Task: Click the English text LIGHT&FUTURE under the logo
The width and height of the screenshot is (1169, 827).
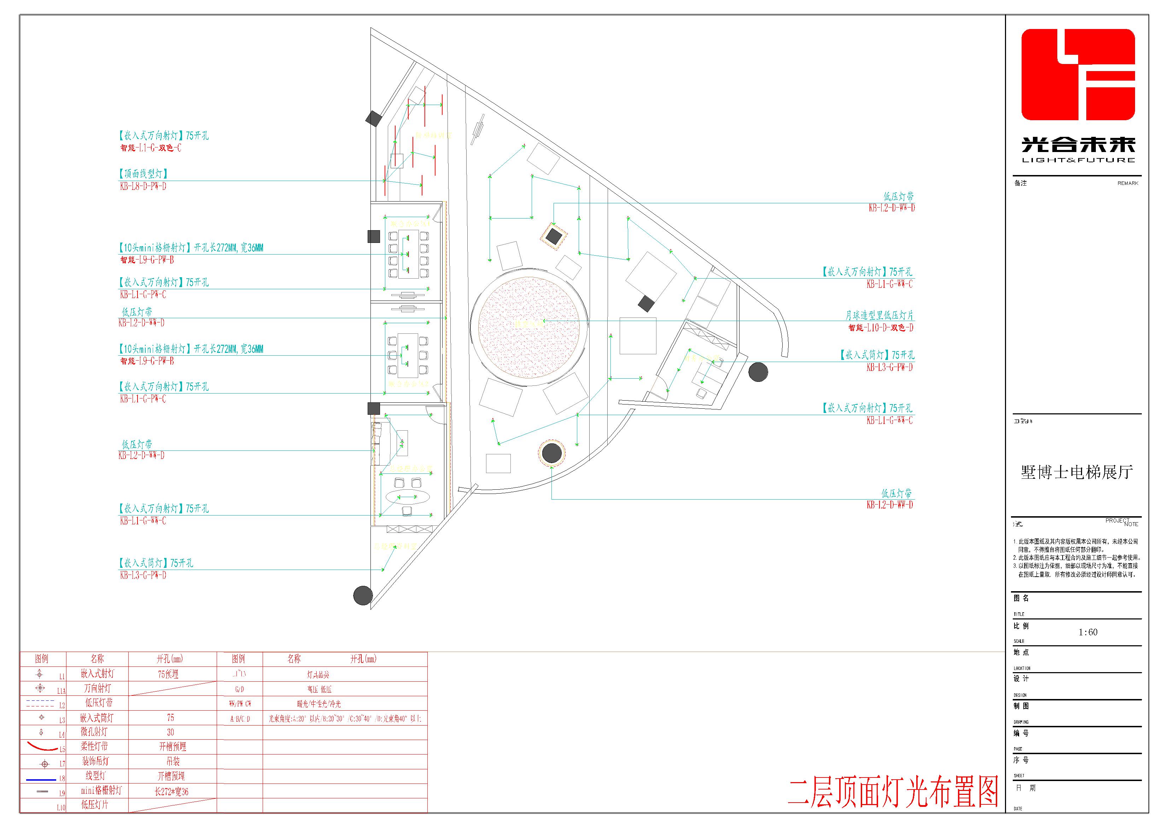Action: click(1079, 160)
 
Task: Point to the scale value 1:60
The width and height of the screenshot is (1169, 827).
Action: click(1088, 632)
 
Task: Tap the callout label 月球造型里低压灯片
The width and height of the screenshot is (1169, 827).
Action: click(879, 316)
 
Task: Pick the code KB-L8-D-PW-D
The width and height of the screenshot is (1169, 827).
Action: click(143, 186)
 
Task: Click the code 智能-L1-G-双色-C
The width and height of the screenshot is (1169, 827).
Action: click(151, 148)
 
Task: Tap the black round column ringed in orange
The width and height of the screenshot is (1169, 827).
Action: click(551, 452)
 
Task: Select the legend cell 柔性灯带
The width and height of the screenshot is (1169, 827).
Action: click(97, 746)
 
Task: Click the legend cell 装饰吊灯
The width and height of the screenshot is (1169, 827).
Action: click(97, 761)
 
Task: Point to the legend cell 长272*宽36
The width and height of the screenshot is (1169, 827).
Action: click(171, 791)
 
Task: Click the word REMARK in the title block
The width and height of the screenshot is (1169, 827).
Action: click(1127, 183)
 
